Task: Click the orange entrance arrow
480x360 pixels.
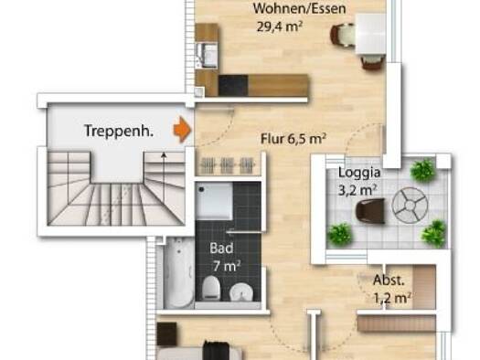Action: [x=183, y=130]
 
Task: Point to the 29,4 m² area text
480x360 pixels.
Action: [x=280, y=26]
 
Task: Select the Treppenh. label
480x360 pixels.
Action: [x=118, y=131]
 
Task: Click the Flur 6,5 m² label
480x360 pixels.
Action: [x=293, y=139]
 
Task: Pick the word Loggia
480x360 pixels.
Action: [x=359, y=171]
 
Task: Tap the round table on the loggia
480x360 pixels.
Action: [x=408, y=206]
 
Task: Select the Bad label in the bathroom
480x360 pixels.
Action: [x=221, y=249]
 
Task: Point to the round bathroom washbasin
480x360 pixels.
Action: [x=240, y=292]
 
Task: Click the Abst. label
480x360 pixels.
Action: [x=388, y=280]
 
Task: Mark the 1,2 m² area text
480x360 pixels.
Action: [x=391, y=297]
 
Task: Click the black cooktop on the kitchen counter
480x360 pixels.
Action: [x=233, y=84]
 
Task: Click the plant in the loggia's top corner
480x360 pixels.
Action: [x=422, y=170]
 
